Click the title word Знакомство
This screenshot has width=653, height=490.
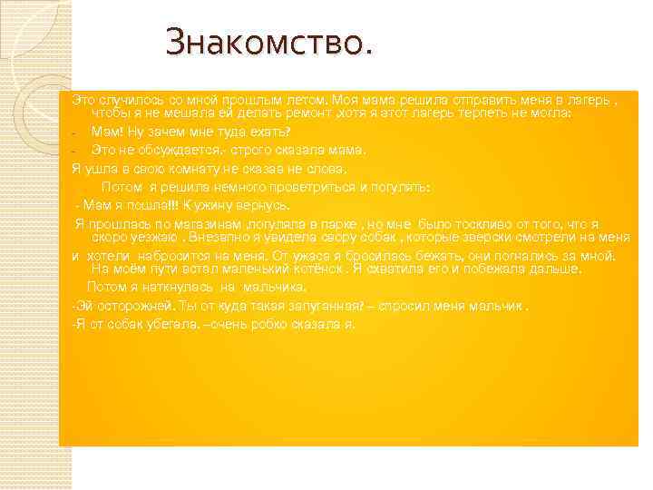pos(268,43)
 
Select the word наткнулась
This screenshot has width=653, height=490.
pos(172,287)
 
